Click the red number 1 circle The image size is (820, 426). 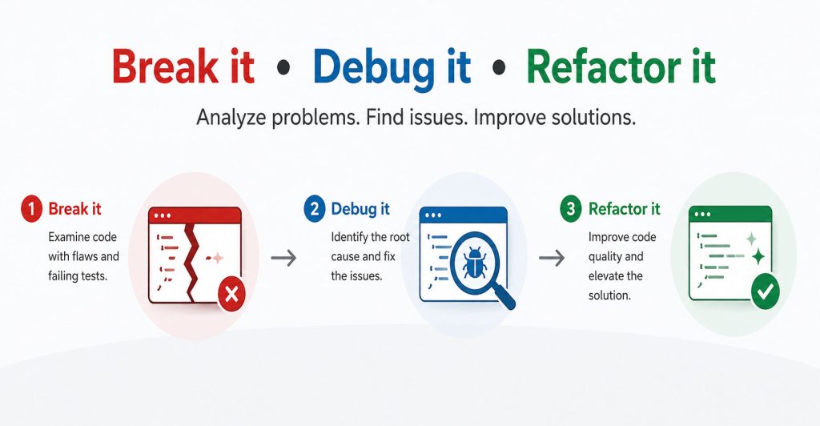click(x=31, y=209)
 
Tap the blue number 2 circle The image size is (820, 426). click(x=314, y=209)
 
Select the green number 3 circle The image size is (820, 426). click(x=570, y=209)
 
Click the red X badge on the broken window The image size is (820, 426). click(x=231, y=295)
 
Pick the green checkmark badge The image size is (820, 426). click(x=765, y=292)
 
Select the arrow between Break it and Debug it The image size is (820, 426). click(x=283, y=258)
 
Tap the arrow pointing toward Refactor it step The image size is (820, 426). click(x=552, y=258)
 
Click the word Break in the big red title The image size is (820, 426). click(x=165, y=67)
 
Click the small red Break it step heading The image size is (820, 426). click(x=74, y=209)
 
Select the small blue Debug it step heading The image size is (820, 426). click(x=360, y=210)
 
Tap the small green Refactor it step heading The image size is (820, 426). click(x=625, y=209)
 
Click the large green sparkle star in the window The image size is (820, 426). click(x=758, y=256)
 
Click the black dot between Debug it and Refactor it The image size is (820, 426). click(x=499, y=68)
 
